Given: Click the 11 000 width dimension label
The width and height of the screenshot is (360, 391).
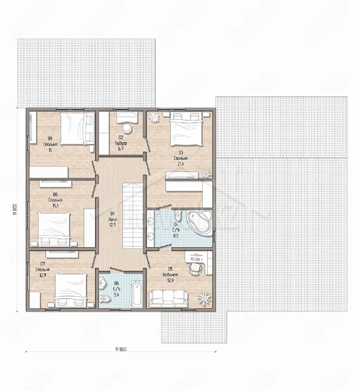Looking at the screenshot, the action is (x=121, y=349).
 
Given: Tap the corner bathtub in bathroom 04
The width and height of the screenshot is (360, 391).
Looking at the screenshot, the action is (x=199, y=222).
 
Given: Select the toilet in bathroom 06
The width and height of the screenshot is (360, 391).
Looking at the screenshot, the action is (x=104, y=298).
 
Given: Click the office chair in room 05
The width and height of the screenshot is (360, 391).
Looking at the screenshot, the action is (x=194, y=269).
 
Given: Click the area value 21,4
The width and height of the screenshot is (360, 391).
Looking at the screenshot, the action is (x=181, y=164).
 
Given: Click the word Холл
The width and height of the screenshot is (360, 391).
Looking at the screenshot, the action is (x=112, y=219).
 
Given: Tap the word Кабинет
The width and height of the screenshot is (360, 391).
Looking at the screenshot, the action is (x=170, y=275).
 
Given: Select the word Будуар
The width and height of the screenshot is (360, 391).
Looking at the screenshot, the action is (x=121, y=144).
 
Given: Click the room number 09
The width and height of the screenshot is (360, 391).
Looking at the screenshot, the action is (x=50, y=139).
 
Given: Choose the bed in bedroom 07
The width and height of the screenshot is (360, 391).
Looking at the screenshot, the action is (x=71, y=290).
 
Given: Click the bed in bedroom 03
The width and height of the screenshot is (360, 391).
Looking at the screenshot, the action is (x=186, y=129).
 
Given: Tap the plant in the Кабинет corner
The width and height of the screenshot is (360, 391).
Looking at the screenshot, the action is (x=204, y=298).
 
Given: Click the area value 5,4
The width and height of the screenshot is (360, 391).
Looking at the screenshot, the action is (x=116, y=295).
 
